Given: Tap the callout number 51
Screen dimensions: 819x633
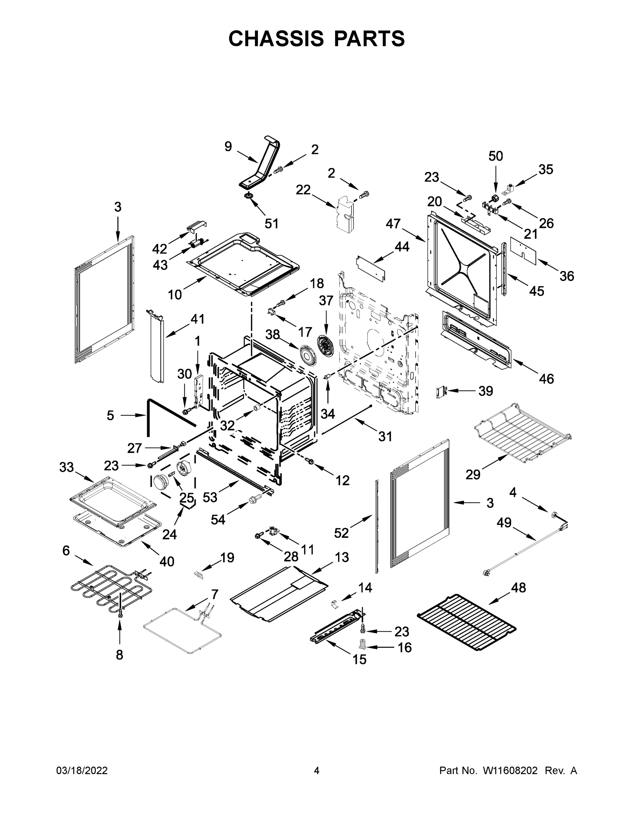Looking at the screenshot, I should point(272,224).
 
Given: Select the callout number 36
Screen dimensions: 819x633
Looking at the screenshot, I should point(566,276).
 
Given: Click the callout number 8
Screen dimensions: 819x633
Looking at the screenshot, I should point(119,655).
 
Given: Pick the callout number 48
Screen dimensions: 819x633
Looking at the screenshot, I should point(519,588).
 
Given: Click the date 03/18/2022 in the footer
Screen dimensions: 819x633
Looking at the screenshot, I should point(82,771).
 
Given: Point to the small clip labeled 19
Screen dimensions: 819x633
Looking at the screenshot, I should point(198,575).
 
